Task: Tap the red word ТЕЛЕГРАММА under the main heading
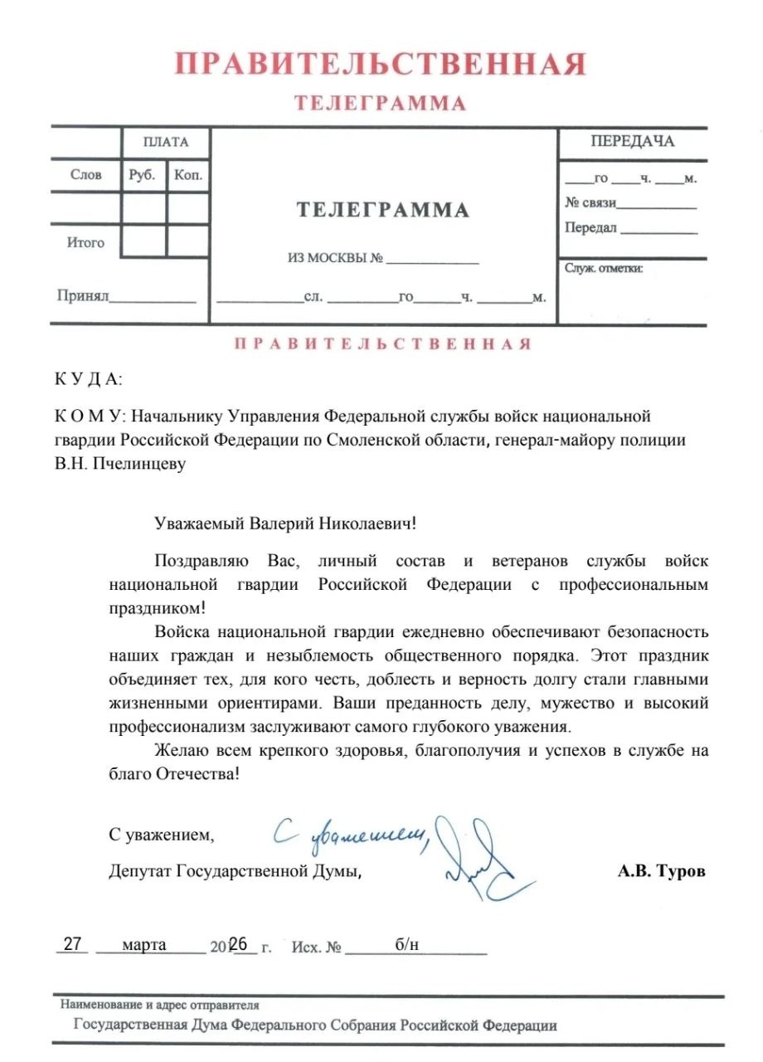pyautogui.click(x=380, y=104)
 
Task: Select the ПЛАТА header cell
pyautogui.click(x=165, y=142)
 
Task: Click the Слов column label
pyautogui.click(x=86, y=174)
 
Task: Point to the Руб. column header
pyautogui.click(x=143, y=174)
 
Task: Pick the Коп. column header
pyautogui.click(x=188, y=174)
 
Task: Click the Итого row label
pyautogui.click(x=85, y=242)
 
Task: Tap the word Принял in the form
pyautogui.click(x=83, y=295)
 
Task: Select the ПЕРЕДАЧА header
pyautogui.click(x=632, y=141)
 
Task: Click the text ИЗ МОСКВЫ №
pyautogui.click(x=335, y=258)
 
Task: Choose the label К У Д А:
pyautogui.click(x=88, y=380)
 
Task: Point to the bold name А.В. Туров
pyautogui.click(x=661, y=872)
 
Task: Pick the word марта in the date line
pyautogui.click(x=143, y=945)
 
